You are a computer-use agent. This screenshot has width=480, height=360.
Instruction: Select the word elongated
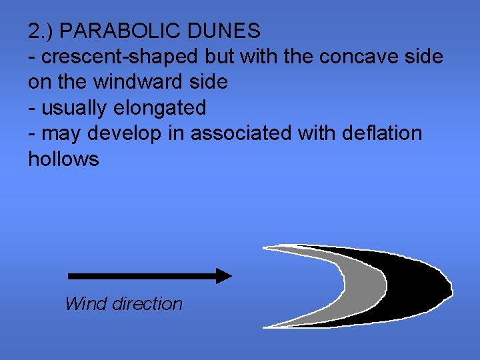157,108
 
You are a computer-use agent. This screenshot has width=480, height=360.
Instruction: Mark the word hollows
63,159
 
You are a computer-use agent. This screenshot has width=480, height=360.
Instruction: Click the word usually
74,108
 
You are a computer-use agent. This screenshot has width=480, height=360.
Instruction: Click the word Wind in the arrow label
86,304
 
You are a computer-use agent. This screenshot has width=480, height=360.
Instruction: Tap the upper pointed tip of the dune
267,248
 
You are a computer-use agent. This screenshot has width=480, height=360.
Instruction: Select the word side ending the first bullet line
423,57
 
